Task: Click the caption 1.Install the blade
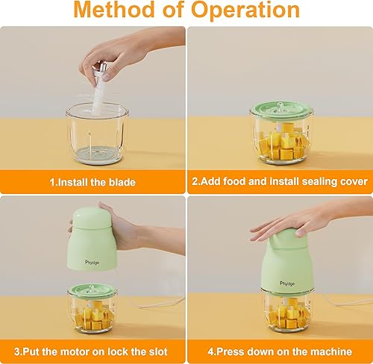93,181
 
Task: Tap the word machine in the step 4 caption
327,350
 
